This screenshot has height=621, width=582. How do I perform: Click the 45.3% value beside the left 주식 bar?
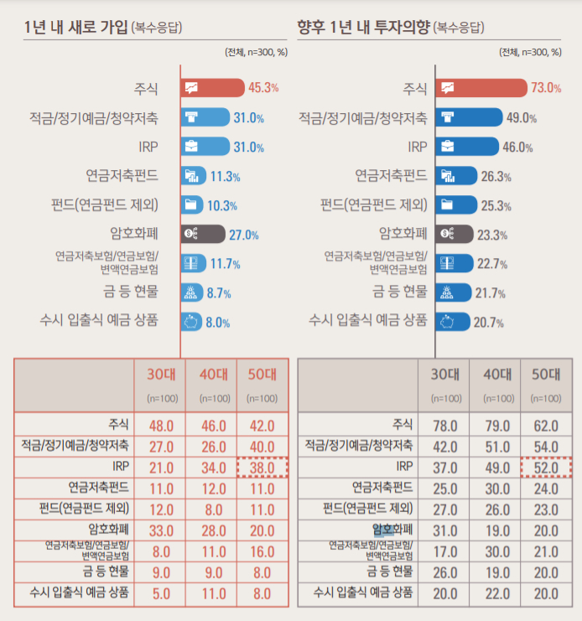click(x=263, y=87)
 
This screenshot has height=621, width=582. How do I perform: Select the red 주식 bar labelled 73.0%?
click(x=479, y=87)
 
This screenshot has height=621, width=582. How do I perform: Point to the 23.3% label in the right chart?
click(x=492, y=235)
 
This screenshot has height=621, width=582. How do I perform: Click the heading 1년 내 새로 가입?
click(x=76, y=26)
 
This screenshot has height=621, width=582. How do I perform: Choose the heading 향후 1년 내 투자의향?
click(x=364, y=26)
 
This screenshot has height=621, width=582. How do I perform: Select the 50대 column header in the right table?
click(x=546, y=375)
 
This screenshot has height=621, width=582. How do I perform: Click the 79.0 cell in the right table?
click(x=496, y=425)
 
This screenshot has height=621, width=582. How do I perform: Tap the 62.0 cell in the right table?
click(x=546, y=425)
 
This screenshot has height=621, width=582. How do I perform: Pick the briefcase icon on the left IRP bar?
click(x=192, y=147)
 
